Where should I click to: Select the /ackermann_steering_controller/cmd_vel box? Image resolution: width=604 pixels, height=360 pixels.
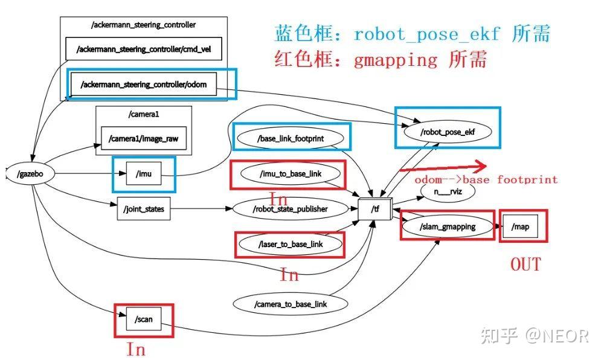pyautogui.click(x=144, y=50)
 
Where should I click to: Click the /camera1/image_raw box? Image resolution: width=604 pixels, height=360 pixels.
pyautogui.click(x=144, y=138)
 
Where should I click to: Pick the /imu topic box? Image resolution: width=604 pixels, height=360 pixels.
pyautogui.click(x=144, y=175)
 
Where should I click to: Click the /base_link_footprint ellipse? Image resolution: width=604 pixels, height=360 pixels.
pyautogui.click(x=291, y=138)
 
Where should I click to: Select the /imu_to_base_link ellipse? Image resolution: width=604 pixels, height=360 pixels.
pyautogui.click(x=290, y=174)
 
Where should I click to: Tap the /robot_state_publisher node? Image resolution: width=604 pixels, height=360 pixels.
pyautogui.click(x=291, y=209)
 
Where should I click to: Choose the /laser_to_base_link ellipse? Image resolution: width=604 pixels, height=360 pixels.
pyautogui.click(x=291, y=244)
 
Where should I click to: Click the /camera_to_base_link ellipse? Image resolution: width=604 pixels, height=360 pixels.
pyautogui.click(x=291, y=304)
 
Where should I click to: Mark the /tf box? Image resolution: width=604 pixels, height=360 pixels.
pyautogui.click(x=375, y=209)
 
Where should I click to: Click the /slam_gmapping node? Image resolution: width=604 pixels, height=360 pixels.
pyautogui.click(x=448, y=227)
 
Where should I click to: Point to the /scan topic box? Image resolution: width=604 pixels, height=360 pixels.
pyautogui.click(x=144, y=319)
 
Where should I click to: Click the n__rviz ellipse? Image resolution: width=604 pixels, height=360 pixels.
pyautogui.click(x=448, y=191)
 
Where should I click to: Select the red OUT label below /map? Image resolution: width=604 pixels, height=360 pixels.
pyautogui.click(x=525, y=264)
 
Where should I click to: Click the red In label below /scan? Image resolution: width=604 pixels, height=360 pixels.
pyautogui.click(x=136, y=349)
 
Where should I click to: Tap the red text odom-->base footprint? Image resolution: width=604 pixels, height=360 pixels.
pyautogui.click(x=486, y=179)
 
